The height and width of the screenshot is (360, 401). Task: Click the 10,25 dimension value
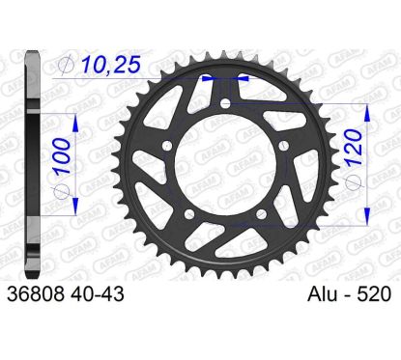111,65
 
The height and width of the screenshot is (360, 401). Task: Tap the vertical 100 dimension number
62,156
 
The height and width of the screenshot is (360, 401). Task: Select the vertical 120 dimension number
354,148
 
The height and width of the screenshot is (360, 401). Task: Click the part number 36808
36,294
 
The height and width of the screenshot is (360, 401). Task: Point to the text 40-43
96,294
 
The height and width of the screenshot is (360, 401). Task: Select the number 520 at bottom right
374,294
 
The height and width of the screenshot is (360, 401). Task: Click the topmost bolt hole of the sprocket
226,103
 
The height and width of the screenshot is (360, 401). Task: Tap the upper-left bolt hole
167,146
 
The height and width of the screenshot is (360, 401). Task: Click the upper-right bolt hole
284,146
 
